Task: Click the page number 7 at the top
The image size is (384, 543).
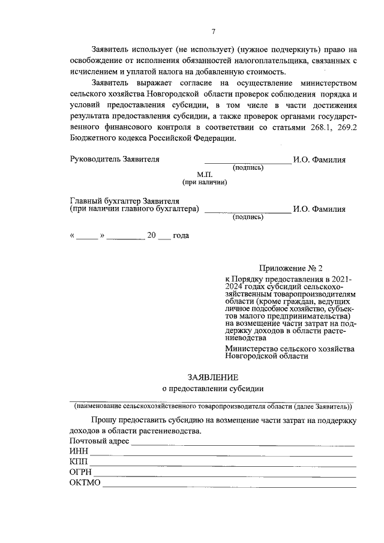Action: pyautogui.click(x=213, y=32)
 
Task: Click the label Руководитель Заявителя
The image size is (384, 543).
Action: pyautogui.click(x=115, y=160)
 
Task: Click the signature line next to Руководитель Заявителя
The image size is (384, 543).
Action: pyautogui.click(x=248, y=162)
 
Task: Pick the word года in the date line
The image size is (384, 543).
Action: pyautogui.click(x=181, y=235)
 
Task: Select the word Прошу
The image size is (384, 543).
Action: pyautogui.click(x=104, y=421)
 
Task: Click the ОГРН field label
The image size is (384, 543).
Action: pyautogui.click(x=80, y=473)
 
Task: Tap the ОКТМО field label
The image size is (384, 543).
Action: pyautogui.click(x=85, y=483)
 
